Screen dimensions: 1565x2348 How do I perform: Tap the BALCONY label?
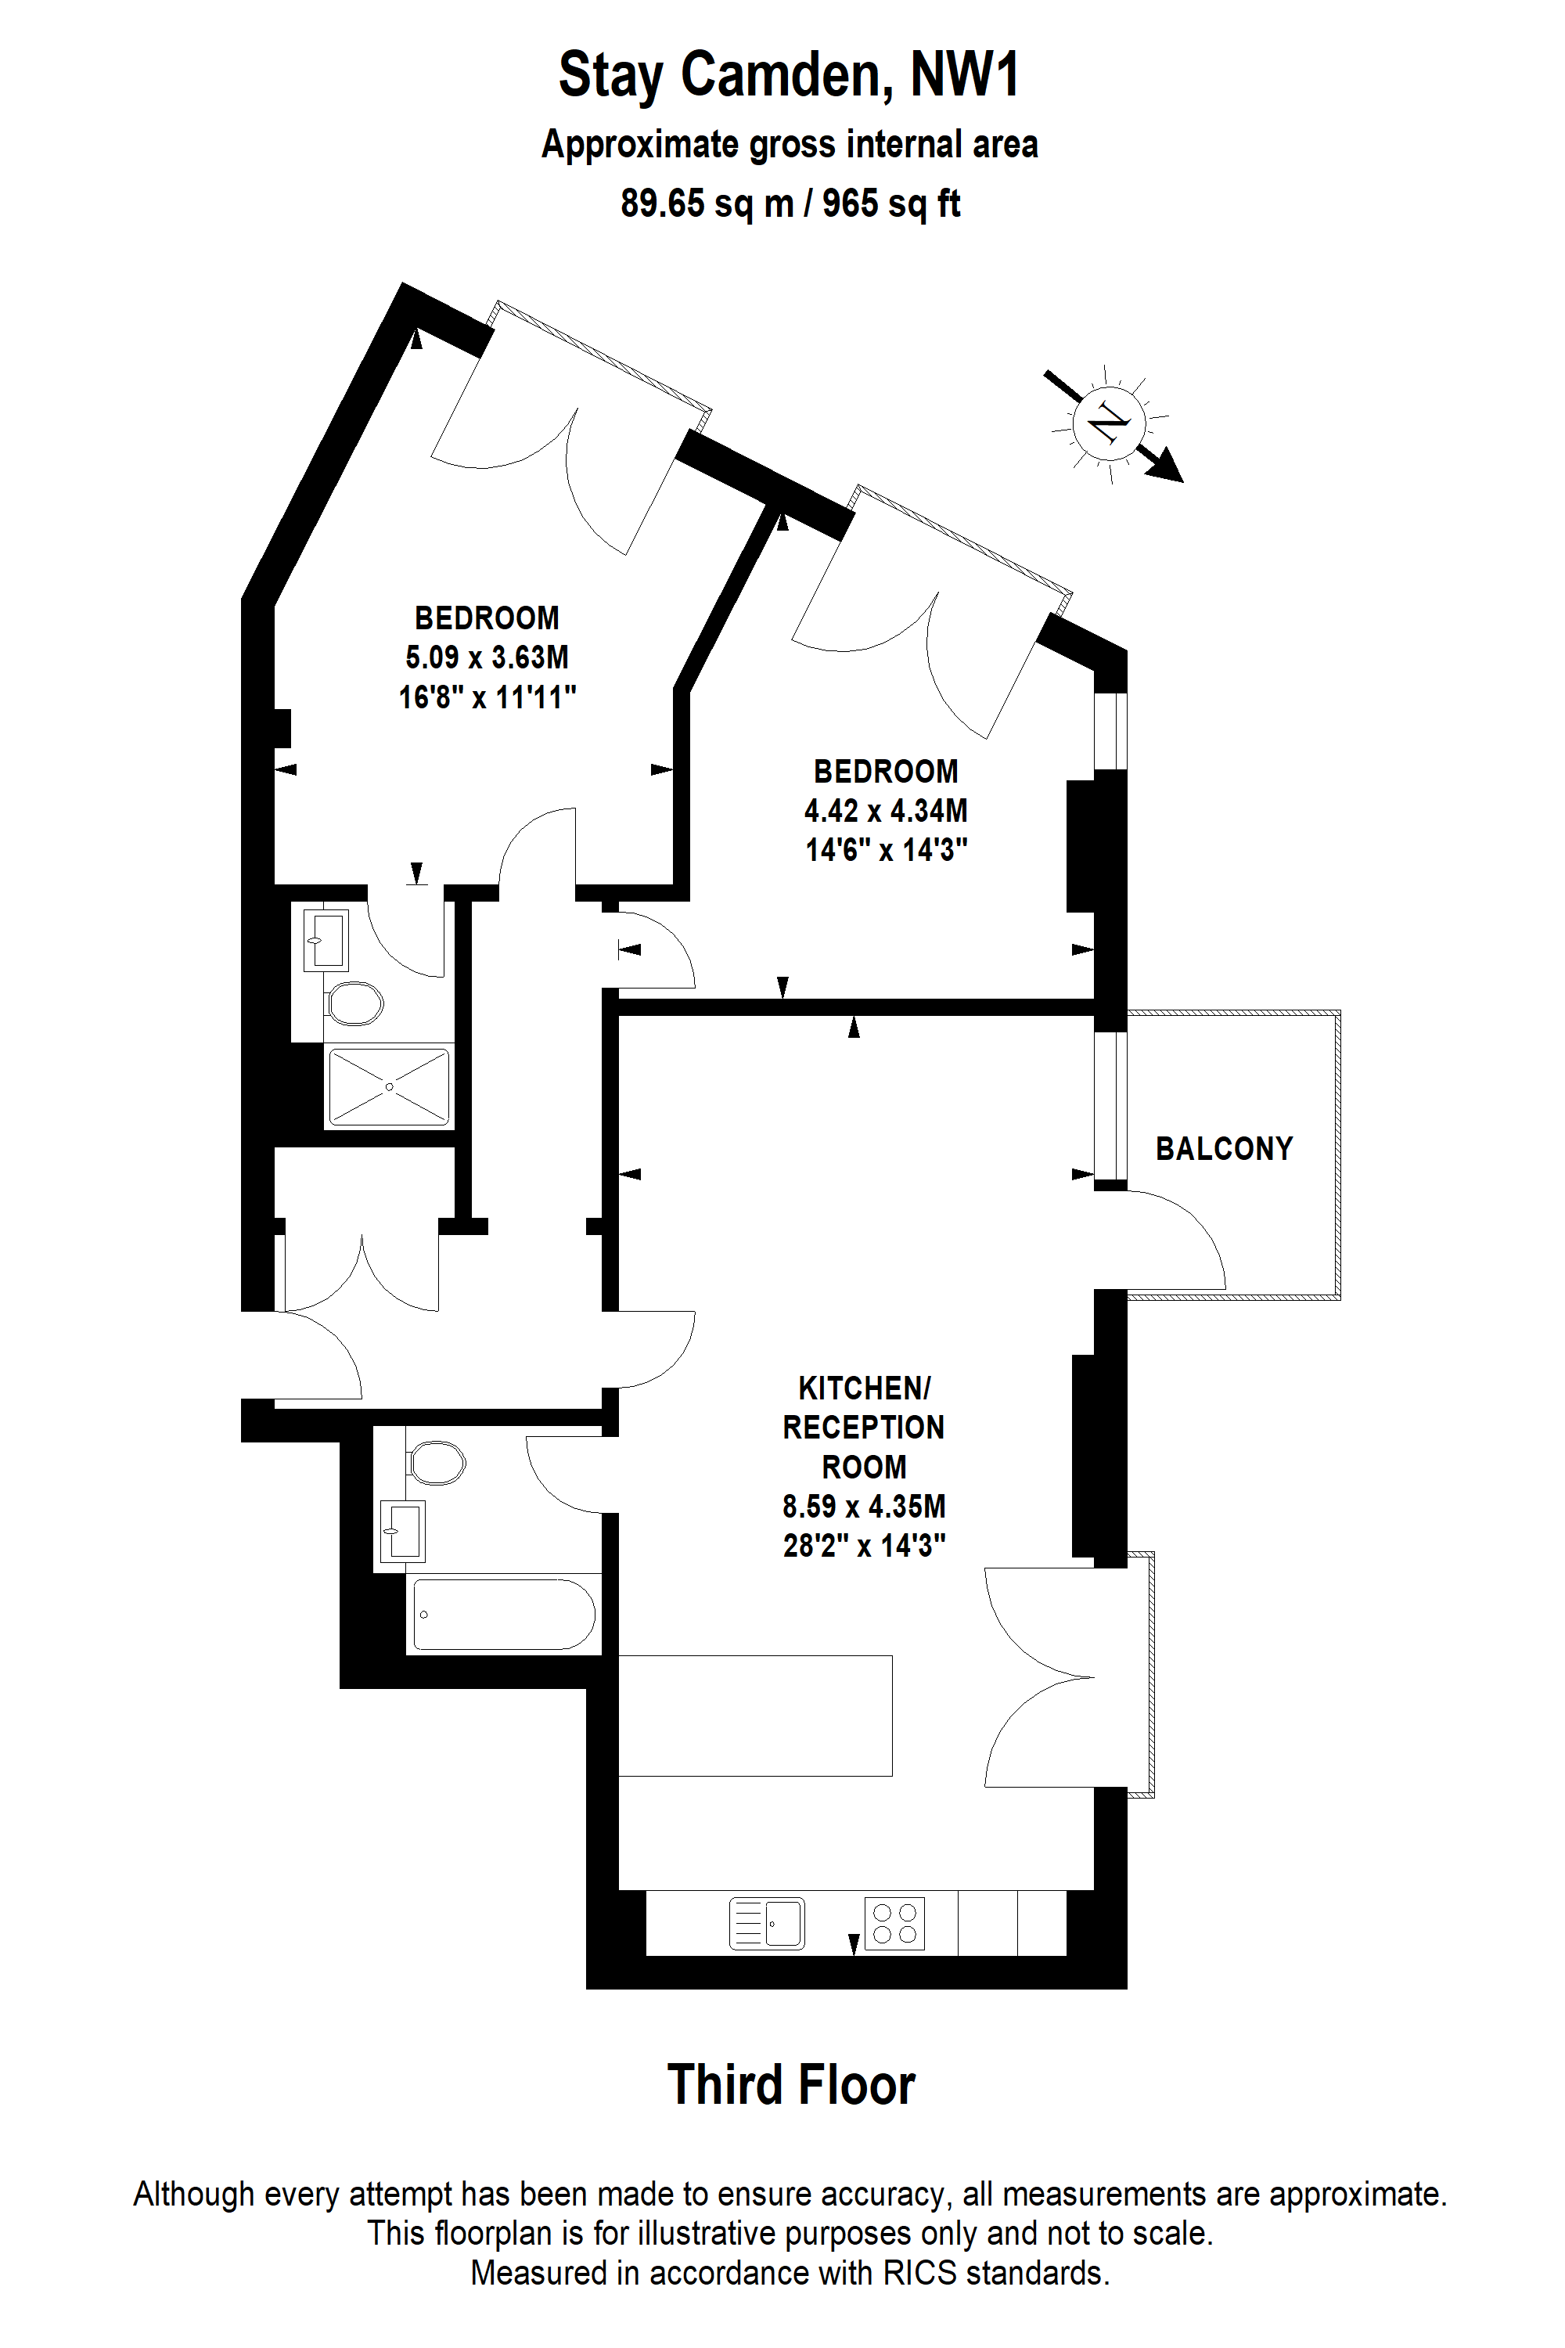pos(1224,1148)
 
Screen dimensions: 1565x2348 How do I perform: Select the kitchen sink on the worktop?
pos(767,1924)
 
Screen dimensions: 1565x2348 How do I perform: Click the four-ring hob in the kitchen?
pos(894,1924)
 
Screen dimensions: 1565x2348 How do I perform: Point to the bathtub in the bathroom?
pos(504,1614)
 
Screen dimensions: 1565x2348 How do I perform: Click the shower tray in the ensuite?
pos(389,1086)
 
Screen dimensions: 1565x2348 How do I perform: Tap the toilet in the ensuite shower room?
pos(354,1004)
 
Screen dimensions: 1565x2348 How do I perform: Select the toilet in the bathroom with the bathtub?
pos(436,1464)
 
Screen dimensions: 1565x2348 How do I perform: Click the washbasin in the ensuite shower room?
pos(326,939)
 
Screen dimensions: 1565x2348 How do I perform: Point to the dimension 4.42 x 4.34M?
pos(887,811)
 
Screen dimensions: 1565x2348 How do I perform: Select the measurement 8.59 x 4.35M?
pos(865,1507)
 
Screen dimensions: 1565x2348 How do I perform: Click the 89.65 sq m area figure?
pos(707,203)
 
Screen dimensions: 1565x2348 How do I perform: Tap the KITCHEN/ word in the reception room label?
pos(865,1388)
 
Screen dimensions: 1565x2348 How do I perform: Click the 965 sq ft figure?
pos(891,203)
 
